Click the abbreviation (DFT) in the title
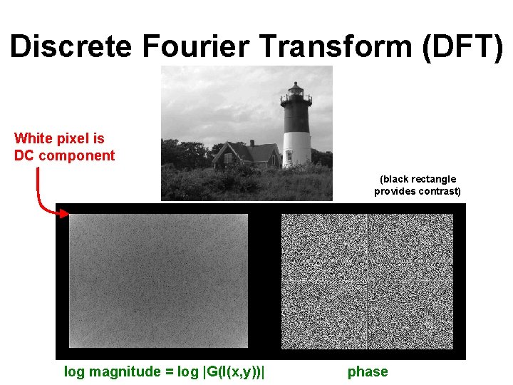coord(461,46)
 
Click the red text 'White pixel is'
coord(59,138)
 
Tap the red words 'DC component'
coord(64,156)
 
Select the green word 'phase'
coord(368,371)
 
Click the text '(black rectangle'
coord(418,179)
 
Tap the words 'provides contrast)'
coord(418,191)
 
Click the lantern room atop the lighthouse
coord(295,91)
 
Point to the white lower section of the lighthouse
coord(296,148)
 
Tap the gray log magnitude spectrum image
coord(158,280)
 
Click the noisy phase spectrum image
coord(367,282)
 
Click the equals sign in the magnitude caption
coord(164,371)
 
